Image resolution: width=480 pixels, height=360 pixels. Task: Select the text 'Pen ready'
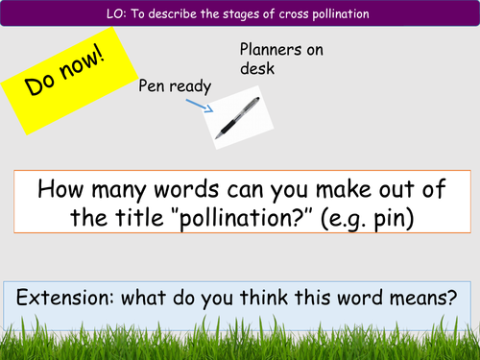click(x=175, y=87)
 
